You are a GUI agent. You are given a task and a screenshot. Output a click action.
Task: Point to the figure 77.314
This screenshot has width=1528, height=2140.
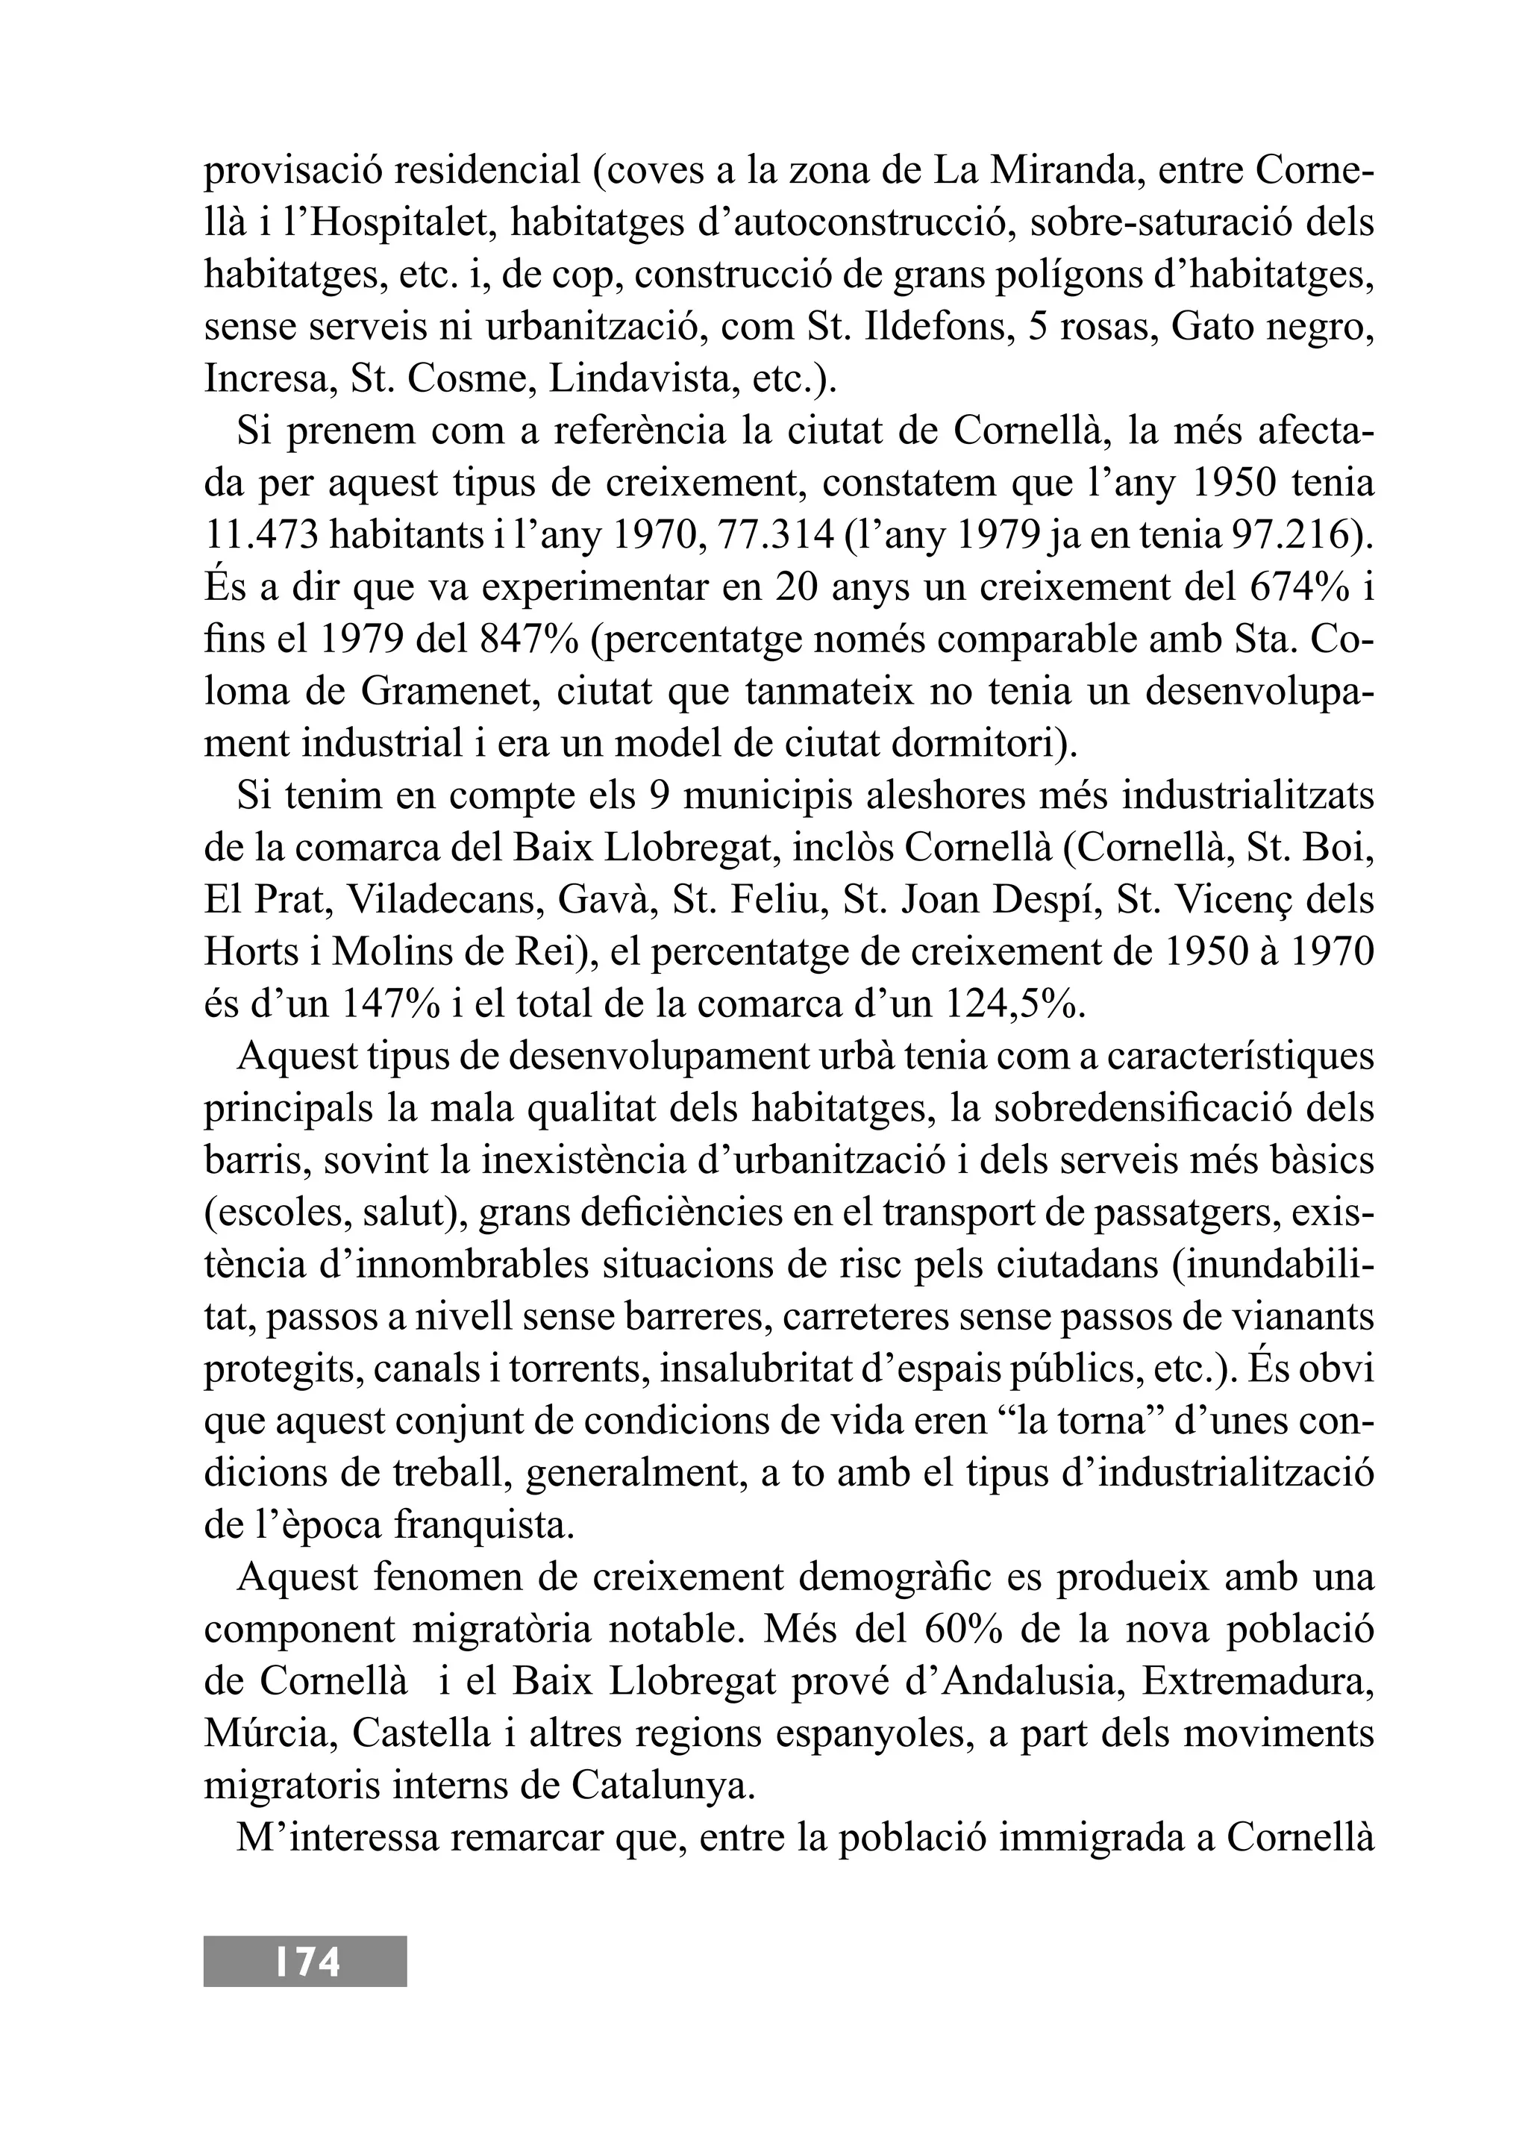coord(774,536)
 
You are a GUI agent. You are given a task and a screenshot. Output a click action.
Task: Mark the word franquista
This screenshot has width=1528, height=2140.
coord(483,1524)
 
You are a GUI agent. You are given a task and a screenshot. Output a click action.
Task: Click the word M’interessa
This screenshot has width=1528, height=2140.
coord(336,1837)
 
